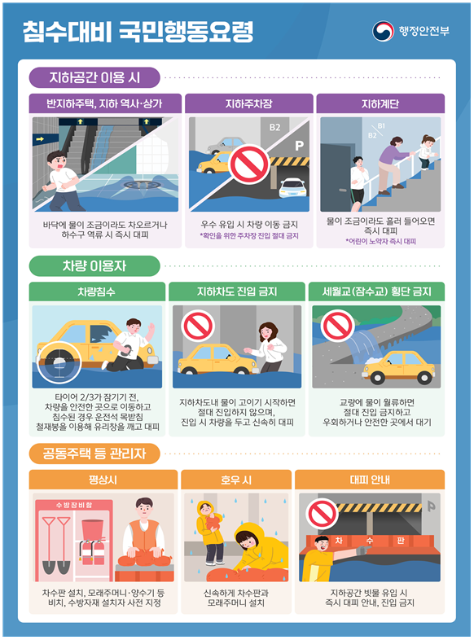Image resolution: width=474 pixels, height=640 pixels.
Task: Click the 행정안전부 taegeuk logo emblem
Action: pos(383,31)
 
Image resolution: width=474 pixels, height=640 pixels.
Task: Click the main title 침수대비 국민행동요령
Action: pos(138,32)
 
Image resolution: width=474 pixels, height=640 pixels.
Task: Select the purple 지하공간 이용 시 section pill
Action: pos(94,77)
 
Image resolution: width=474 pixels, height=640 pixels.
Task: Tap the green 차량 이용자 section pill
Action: pos(94,266)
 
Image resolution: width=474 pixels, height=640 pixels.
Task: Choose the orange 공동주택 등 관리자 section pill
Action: pos(94,454)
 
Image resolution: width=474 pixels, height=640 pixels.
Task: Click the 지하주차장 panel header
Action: pos(249,103)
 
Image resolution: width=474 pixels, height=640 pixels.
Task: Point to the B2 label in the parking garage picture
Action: pos(274,127)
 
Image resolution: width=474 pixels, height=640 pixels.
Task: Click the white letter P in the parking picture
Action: pos(299,146)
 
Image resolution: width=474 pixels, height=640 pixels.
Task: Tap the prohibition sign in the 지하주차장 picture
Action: pos(249,164)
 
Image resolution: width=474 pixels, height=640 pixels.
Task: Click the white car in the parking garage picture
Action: pos(292,188)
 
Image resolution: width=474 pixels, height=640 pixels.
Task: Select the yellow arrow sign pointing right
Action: pos(40,139)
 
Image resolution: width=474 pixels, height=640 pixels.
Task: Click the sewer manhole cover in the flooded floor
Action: pos(142,185)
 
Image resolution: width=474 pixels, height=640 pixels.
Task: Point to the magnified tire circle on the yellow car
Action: pos(59,363)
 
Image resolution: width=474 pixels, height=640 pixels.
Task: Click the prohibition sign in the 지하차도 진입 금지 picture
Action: pos(199,326)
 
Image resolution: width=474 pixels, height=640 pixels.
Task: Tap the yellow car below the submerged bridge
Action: pos(399,367)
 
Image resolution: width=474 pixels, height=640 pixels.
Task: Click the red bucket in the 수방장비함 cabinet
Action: pos(93,531)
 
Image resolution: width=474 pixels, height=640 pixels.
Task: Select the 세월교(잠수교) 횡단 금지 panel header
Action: pos(376,292)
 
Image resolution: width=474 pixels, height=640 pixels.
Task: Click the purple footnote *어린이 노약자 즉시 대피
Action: pos(380,241)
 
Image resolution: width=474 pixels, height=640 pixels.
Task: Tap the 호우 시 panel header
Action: pos(236,480)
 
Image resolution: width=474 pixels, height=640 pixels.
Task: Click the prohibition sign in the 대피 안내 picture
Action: pos(323,514)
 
